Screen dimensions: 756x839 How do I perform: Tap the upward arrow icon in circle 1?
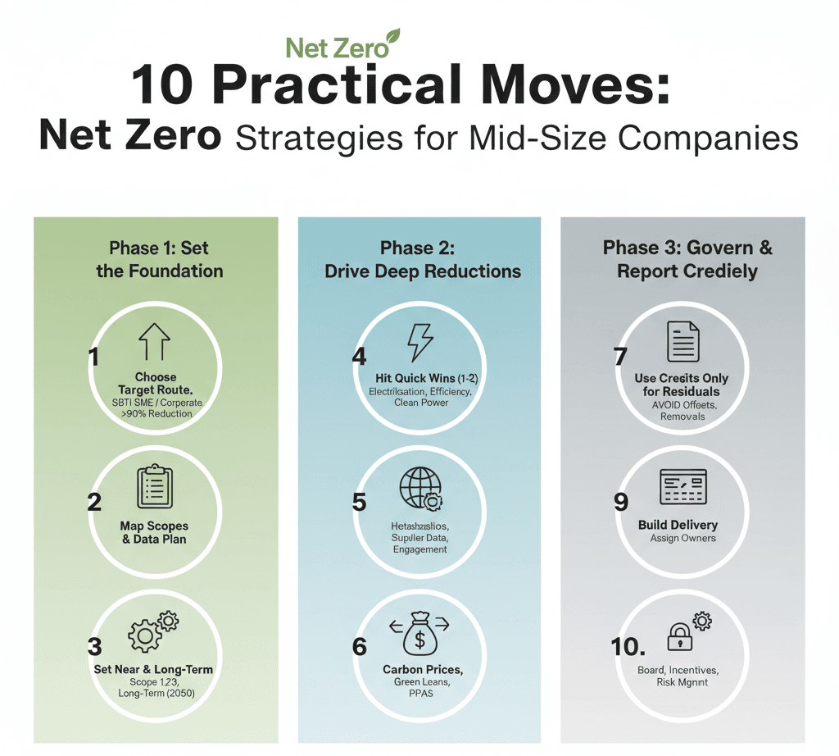pos(156,343)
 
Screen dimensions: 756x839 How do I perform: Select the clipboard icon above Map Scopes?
pos(155,487)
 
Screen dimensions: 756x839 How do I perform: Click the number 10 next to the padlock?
pos(627,647)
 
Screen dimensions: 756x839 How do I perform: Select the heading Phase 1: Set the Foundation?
pos(159,259)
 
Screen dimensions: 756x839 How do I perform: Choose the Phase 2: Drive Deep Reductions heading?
pos(423,259)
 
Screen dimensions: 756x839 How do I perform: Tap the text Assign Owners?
pos(683,538)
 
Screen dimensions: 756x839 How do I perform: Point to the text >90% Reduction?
pos(156,413)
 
